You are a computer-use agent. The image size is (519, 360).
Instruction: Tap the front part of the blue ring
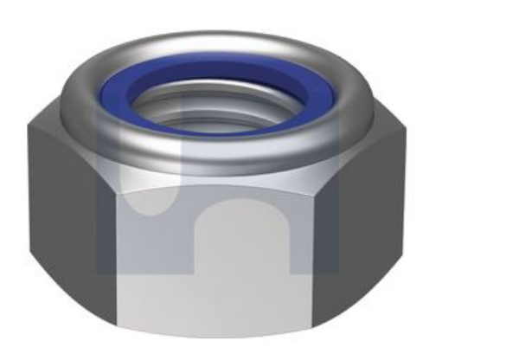click(216, 127)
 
